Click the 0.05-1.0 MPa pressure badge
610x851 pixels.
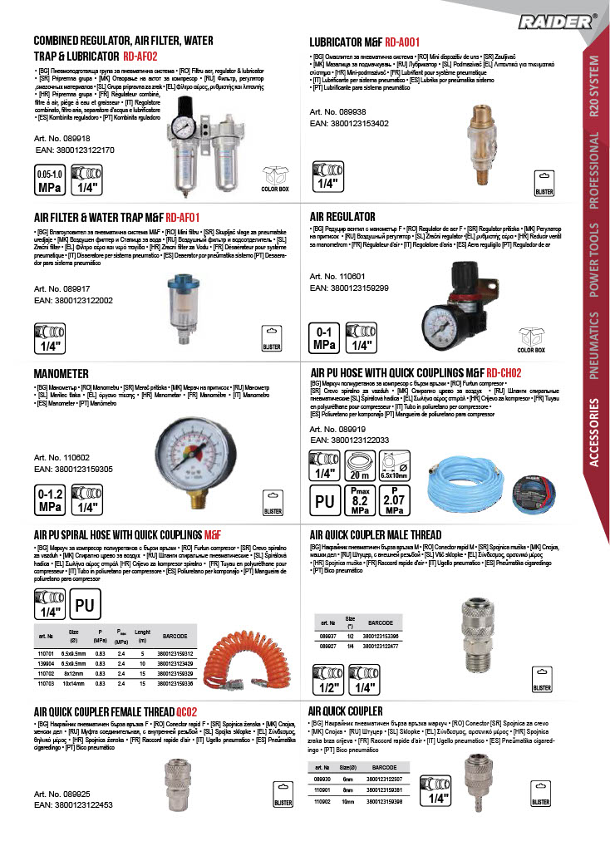point(48,180)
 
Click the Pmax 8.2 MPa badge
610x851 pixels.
point(360,502)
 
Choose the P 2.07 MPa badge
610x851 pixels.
point(396,502)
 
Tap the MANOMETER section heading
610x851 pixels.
point(67,372)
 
